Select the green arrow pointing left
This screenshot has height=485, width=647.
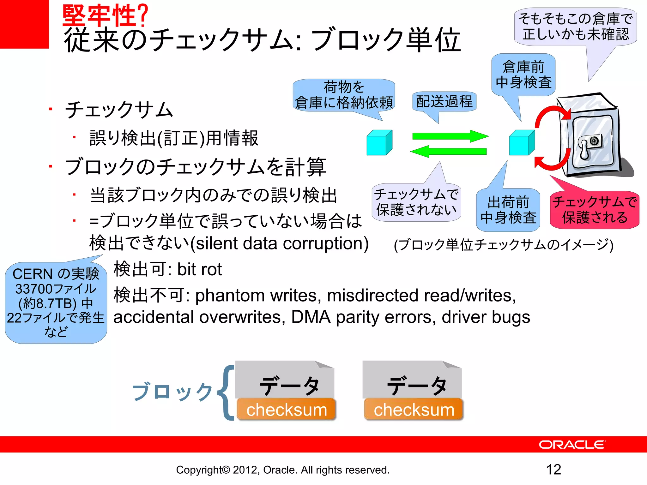pyautogui.click(x=449, y=151)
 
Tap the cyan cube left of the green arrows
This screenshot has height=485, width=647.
pyautogui.click(x=379, y=143)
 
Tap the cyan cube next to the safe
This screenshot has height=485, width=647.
pyautogui.click(x=521, y=143)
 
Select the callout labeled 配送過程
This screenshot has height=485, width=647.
pyautogui.click(x=444, y=102)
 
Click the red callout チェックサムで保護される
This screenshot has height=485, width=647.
pyautogui.click(x=595, y=210)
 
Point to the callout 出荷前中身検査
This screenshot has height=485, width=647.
pyautogui.click(x=508, y=210)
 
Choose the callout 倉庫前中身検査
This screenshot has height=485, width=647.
pyautogui.click(x=523, y=75)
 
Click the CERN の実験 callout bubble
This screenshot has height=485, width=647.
pyautogui.click(x=56, y=302)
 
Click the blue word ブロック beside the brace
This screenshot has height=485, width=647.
pyautogui.click(x=172, y=392)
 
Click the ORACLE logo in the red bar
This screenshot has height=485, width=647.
pyautogui.click(x=572, y=445)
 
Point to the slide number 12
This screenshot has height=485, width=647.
pyautogui.click(x=553, y=470)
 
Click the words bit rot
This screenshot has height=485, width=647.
pyautogui.click(x=199, y=269)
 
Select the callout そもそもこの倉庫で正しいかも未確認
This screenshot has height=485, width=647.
pyautogui.click(x=575, y=27)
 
